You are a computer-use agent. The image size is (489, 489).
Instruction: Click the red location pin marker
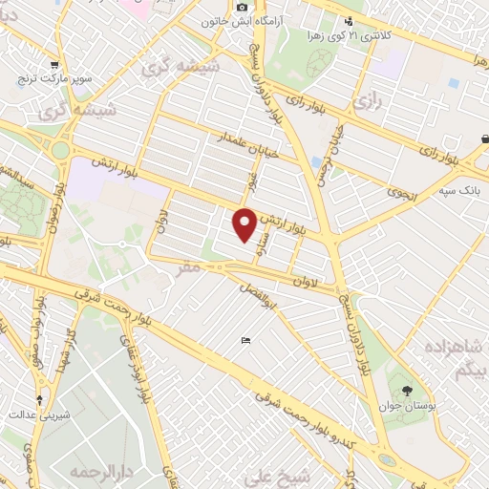pyautogui.click(x=244, y=223)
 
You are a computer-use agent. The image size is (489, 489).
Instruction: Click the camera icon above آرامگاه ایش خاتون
pyautogui.click(x=243, y=8)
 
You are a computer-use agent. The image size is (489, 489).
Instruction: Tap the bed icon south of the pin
pyautogui.click(x=246, y=341)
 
